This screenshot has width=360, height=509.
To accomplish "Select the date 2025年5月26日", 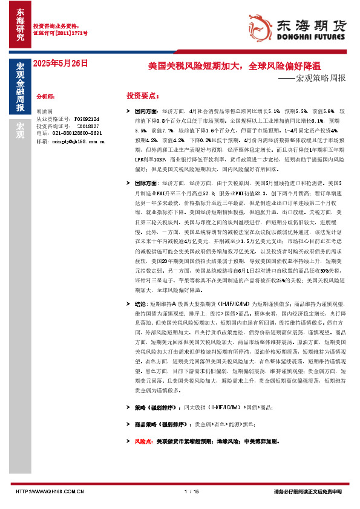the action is tap(60, 63).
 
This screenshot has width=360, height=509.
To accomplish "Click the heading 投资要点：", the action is tap(142, 96).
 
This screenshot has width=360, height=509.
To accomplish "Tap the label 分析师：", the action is tap(45, 96).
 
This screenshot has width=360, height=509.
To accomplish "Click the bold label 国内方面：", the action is tap(146, 112).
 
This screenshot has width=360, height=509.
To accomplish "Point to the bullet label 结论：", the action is tap(140, 305).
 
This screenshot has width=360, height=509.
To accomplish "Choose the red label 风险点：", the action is tap(143, 441).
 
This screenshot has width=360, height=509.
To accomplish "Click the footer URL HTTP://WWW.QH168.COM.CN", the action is tap(48, 491).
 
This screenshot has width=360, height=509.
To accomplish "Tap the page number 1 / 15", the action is tap(191, 491).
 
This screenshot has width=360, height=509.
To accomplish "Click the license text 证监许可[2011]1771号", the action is tap(60, 33).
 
